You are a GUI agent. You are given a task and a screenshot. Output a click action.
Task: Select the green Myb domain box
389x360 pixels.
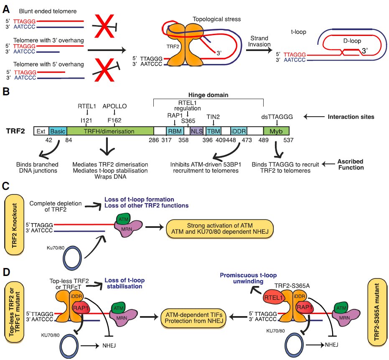click(276, 131)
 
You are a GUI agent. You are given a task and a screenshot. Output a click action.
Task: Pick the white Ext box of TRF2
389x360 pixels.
click(41, 131)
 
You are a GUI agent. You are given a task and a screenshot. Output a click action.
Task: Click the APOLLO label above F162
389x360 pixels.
click(114, 107)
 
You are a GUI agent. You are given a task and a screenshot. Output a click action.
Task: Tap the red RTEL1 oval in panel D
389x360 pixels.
click(274, 299)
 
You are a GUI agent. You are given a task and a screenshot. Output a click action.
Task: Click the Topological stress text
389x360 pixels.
click(211, 19)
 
